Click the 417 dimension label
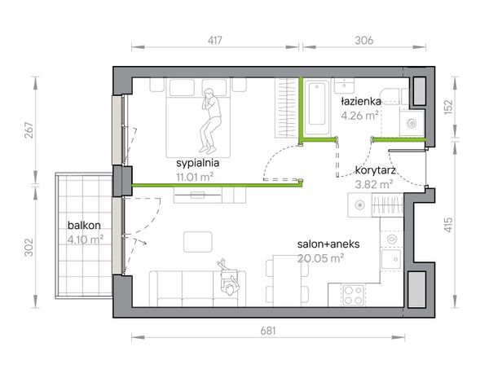pyautogui.click(x=215, y=40)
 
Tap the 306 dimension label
pyautogui.click(x=364, y=40)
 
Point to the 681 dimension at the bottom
pyautogui.click(x=268, y=331)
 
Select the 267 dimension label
pyautogui.click(x=29, y=130)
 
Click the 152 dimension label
pyautogui.click(x=448, y=107)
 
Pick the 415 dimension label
pyautogui.click(x=448, y=225)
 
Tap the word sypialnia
pyautogui.click(x=198, y=163)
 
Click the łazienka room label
pyautogui.click(x=361, y=101)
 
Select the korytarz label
pyautogui.click(x=376, y=170)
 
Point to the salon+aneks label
pyautogui.click(x=328, y=244)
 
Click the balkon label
pyautogui.click(x=84, y=225)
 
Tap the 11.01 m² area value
pyautogui.click(x=195, y=177)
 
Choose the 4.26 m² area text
pyautogui.click(x=360, y=116)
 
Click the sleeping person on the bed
pyautogui.click(x=209, y=120)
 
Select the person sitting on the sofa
pyautogui.click(x=228, y=277)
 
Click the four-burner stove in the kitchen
pyautogui.click(x=354, y=295)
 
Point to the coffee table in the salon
pyautogui.click(x=198, y=242)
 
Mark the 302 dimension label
pyautogui.click(x=29, y=248)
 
